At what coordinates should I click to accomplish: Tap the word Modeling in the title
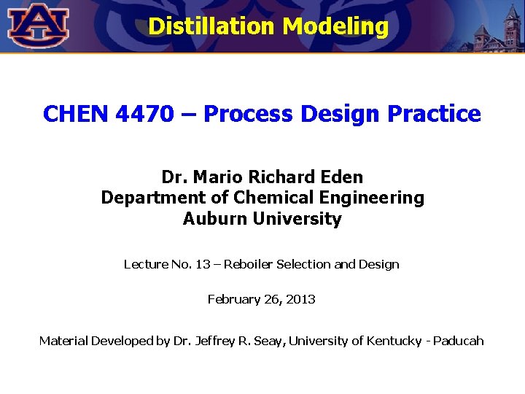tap(336, 26)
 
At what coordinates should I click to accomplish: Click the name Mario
tap(218, 177)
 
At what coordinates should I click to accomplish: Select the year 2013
tap(301, 299)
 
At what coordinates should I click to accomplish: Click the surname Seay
tap(268, 341)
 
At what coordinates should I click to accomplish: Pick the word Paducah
tap(459, 341)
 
